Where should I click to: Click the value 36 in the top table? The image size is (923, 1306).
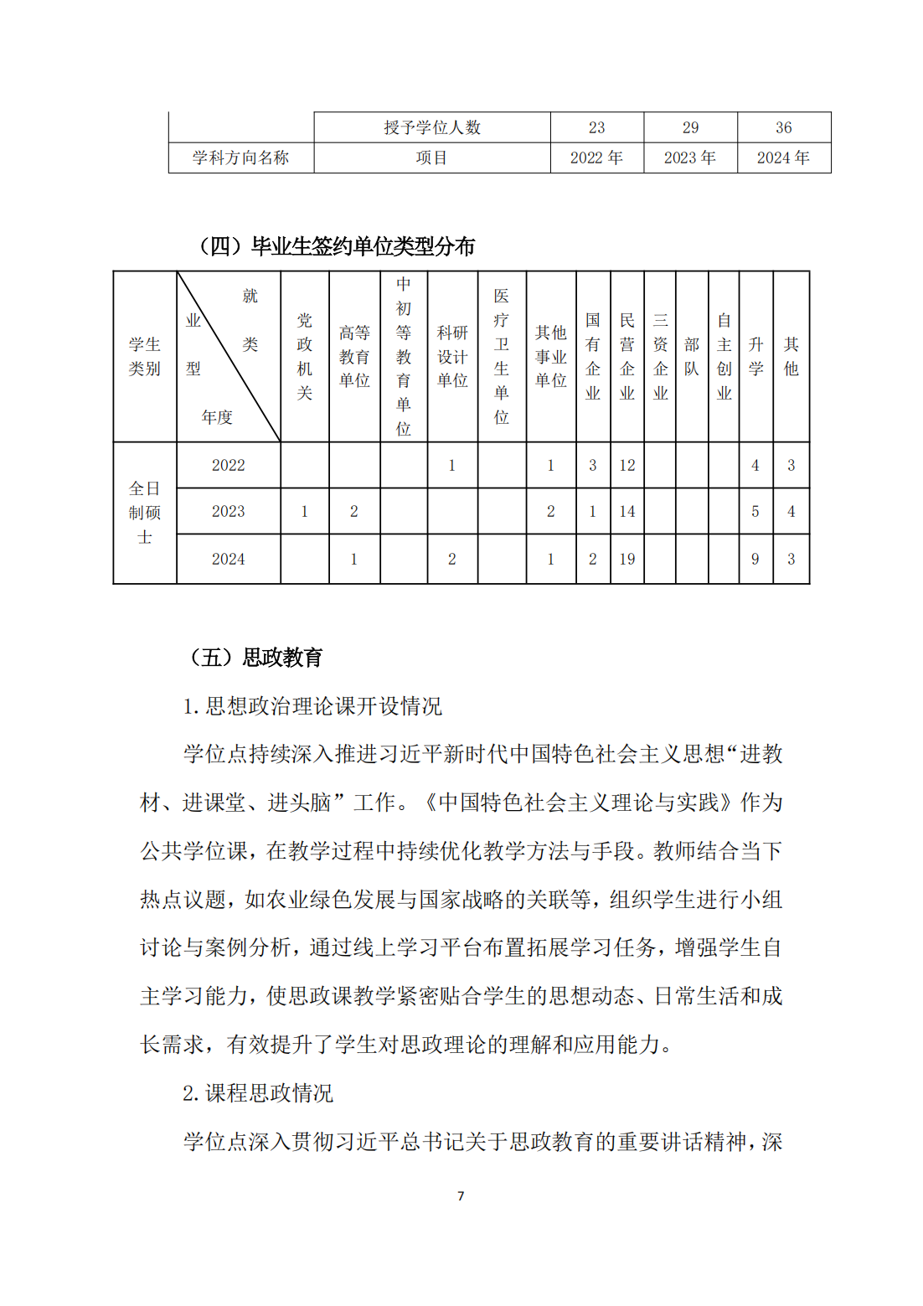(783, 127)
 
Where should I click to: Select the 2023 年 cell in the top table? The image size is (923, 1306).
(689, 157)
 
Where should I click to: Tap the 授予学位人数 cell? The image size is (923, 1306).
(432, 127)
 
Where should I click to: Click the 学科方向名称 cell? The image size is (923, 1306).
(240, 157)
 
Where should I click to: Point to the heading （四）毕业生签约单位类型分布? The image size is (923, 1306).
(337, 246)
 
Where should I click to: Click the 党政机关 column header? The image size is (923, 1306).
(305, 357)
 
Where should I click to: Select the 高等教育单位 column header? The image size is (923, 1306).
(354, 357)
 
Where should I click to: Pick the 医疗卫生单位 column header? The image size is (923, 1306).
(502, 357)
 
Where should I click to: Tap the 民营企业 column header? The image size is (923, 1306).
(627, 357)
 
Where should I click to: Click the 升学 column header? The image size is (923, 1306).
(755, 357)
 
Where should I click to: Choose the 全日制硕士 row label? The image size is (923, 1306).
(145, 512)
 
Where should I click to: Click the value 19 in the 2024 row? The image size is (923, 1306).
(627, 559)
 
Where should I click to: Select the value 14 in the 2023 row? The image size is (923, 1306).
(627, 511)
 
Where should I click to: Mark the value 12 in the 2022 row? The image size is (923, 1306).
(627, 465)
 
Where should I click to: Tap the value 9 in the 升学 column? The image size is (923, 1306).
(755, 559)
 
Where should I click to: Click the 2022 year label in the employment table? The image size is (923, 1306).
(228, 465)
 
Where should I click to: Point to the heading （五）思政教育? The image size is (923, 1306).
(257, 658)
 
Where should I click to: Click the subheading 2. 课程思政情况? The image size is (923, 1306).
(258, 1093)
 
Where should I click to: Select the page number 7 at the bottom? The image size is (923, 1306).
(461, 1195)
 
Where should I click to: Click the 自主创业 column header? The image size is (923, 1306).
(724, 357)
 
